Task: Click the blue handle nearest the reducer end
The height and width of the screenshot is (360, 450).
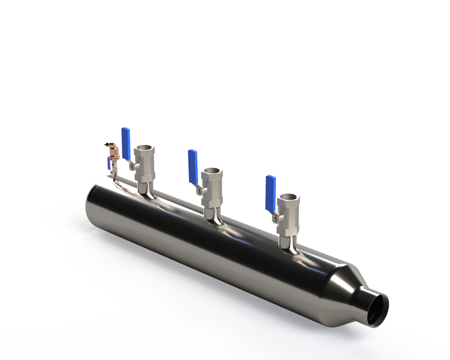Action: click(271, 192)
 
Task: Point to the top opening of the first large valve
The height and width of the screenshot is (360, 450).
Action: click(144, 149)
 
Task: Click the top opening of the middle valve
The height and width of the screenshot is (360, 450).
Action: click(210, 171)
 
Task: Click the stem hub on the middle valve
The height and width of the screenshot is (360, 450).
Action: click(199, 191)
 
